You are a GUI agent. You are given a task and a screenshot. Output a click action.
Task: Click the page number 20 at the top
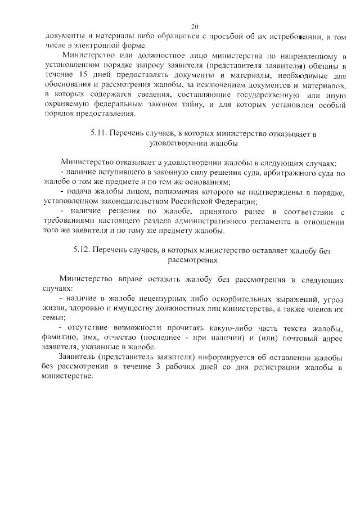pyautogui.click(x=195, y=26)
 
